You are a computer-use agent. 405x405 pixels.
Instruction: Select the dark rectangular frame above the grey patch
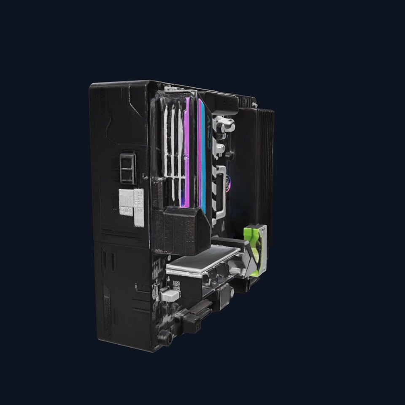[x=127, y=168]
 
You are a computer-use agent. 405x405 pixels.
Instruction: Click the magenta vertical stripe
[x=186, y=152]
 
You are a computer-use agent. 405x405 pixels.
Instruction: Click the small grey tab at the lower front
[x=170, y=294]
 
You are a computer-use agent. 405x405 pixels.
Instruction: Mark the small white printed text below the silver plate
[x=176, y=284]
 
